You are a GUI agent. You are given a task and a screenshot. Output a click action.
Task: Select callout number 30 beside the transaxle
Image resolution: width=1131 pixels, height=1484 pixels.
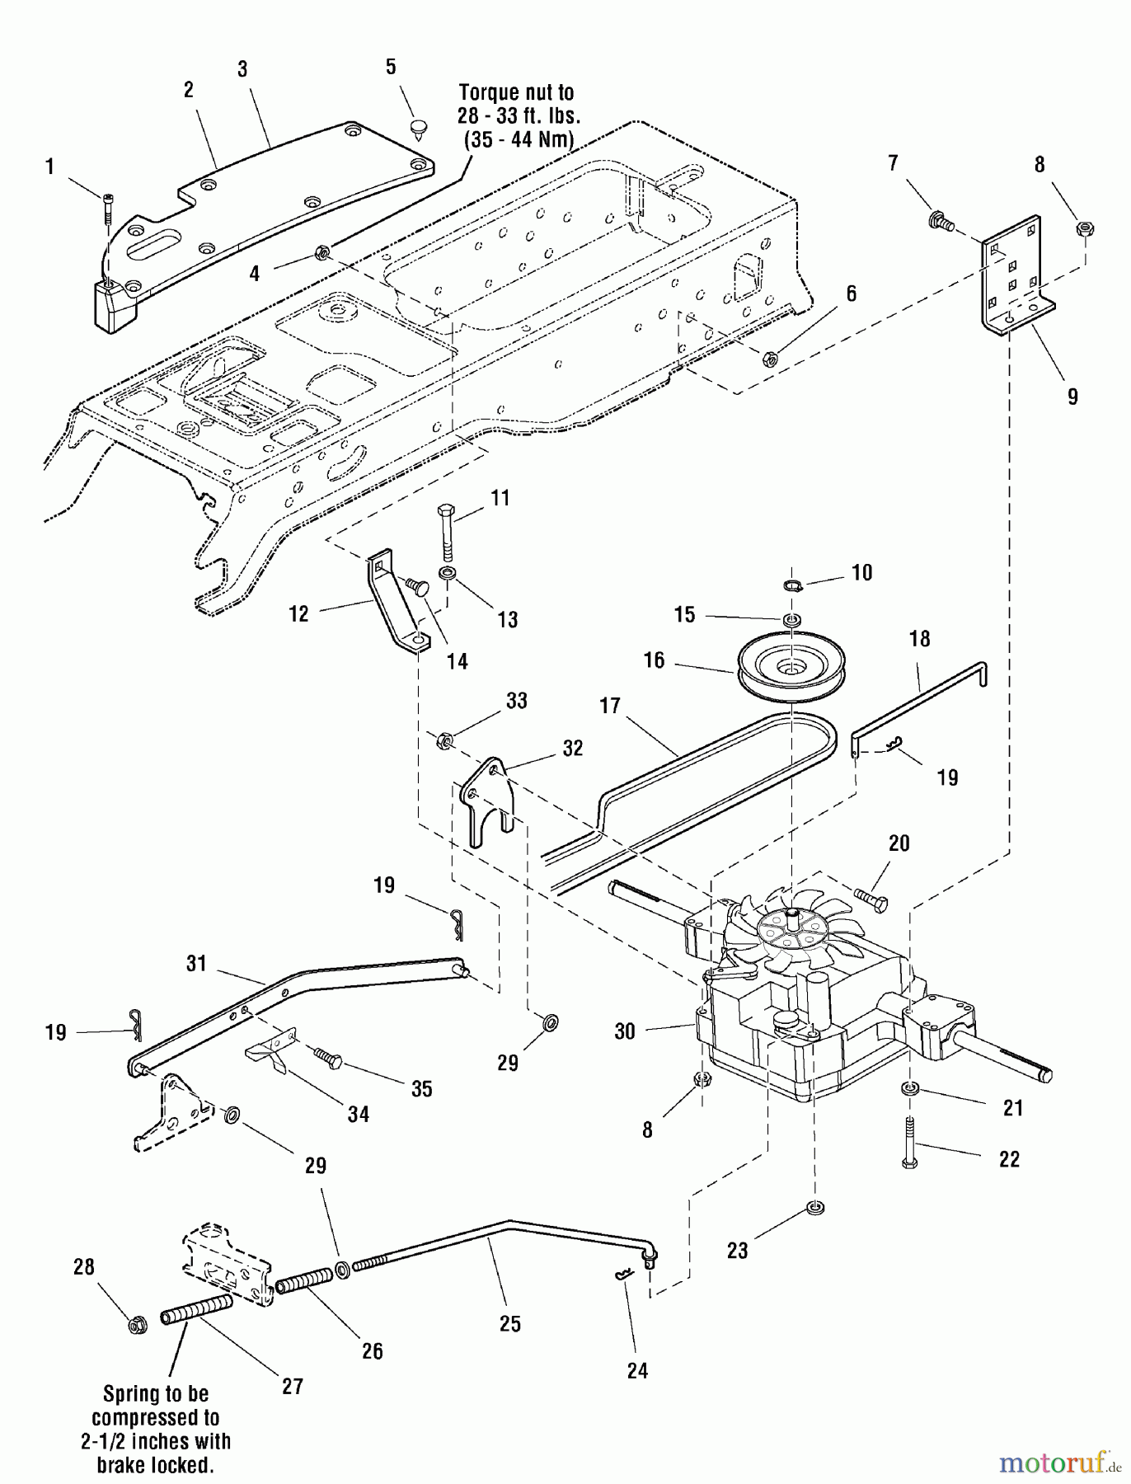pos(625,1031)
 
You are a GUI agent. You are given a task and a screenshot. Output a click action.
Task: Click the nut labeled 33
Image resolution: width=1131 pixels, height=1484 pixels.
pos(443,740)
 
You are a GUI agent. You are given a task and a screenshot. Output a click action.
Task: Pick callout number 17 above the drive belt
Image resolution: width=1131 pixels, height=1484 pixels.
pos(610,706)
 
